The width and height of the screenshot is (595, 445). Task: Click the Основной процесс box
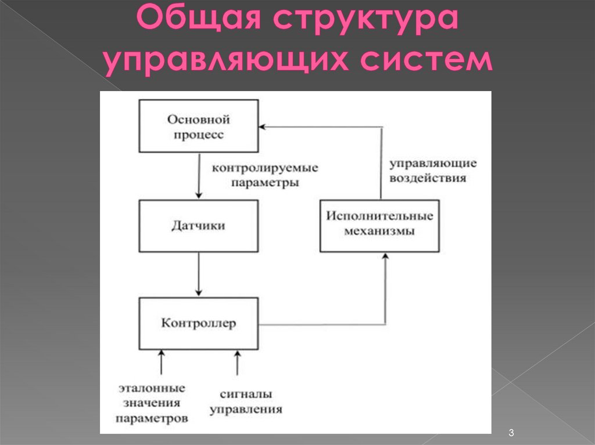click(199, 126)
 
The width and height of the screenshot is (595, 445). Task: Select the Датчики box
click(199, 226)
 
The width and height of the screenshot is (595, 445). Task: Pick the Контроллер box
click(199, 323)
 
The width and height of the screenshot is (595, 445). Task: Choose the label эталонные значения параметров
click(152, 403)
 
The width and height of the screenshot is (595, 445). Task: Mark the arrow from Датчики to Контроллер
click(199, 274)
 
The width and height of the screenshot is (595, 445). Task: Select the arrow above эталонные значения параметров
click(161, 362)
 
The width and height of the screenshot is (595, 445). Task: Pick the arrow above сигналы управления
click(236, 362)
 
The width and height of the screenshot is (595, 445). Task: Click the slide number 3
click(511, 433)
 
